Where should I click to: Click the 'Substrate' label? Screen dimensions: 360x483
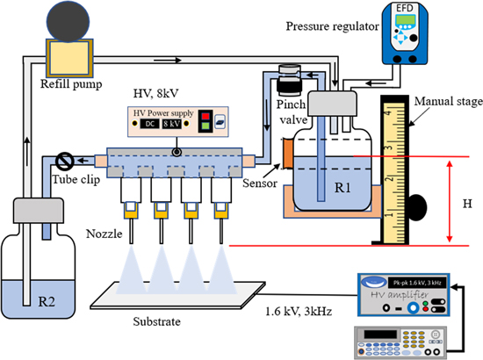tap(154, 320)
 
